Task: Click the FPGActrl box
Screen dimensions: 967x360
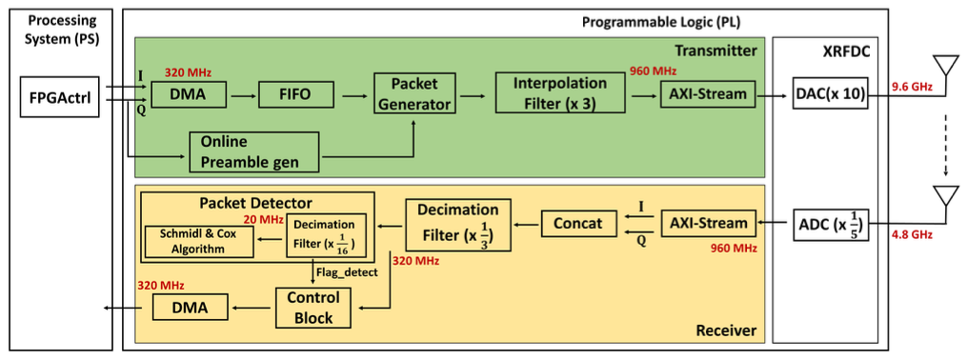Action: pyautogui.click(x=60, y=97)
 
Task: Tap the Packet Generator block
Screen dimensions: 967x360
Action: pyautogui.click(x=414, y=93)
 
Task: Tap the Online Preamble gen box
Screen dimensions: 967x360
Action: pyautogui.click(x=254, y=151)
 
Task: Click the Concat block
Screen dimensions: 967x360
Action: pyautogui.click(x=579, y=223)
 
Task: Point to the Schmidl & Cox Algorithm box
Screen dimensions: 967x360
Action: pyautogui.click(x=199, y=242)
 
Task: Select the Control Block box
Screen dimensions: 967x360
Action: pyautogui.click(x=313, y=308)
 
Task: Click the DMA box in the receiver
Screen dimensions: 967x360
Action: pyautogui.click(x=189, y=308)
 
